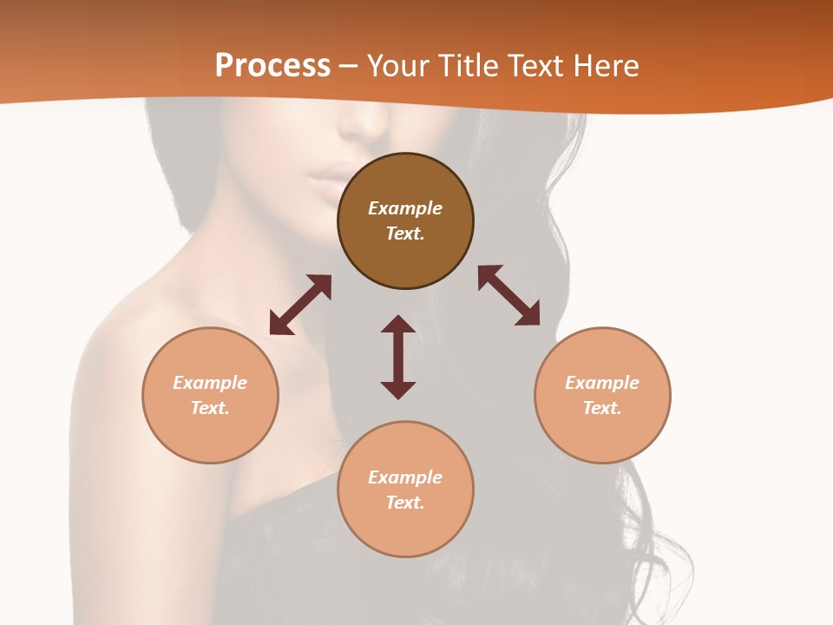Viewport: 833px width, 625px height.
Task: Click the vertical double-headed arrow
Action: click(398, 357)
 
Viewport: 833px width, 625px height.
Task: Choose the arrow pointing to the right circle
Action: click(508, 295)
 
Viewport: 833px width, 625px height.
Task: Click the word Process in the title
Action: click(272, 65)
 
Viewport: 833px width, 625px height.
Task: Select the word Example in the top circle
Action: click(405, 208)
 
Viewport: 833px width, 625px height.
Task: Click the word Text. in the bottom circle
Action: click(405, 503)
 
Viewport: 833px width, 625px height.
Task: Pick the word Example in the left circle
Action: click(210, 383)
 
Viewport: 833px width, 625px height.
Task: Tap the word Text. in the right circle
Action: click(602, 408)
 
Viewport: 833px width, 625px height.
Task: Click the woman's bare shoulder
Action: click(130, 347)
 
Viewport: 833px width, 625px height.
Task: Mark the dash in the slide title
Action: click(349, 66)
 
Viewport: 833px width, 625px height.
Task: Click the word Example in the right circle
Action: click(602, 383)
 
